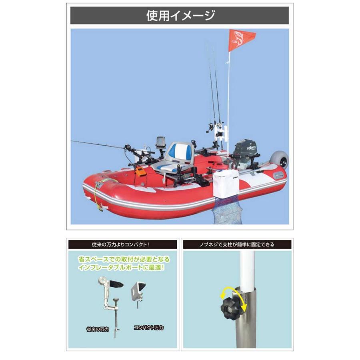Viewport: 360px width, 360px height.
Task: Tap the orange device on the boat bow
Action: (140, 172)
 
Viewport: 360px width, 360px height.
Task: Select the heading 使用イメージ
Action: (180, 16)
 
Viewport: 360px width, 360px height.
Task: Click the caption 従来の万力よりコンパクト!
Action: (122, 244)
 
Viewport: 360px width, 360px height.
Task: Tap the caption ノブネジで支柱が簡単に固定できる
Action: (238, 244)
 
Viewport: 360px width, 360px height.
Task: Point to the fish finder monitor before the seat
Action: (160, 142)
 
